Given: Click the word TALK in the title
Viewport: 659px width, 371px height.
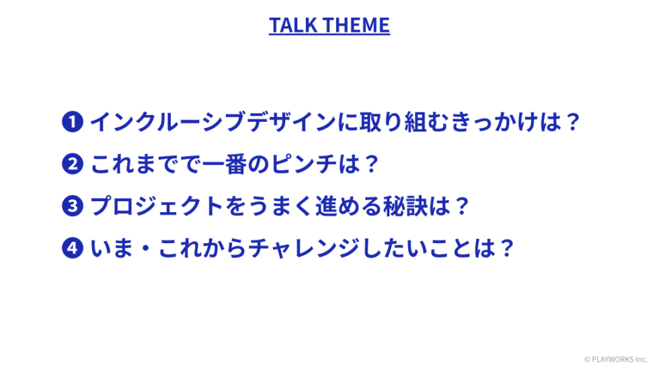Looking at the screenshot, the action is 293,25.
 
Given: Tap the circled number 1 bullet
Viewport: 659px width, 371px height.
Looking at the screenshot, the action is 73,122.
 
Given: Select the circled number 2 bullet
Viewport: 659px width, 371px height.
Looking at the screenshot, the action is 73,164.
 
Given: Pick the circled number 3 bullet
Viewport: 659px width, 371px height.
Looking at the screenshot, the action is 73,205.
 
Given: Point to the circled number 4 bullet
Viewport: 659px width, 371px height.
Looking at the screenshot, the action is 73,248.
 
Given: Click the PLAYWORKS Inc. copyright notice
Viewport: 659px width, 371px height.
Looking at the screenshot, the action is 616,360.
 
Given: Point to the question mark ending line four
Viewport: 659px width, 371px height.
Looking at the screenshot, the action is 507,248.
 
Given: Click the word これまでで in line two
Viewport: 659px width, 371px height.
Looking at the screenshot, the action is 146,164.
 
